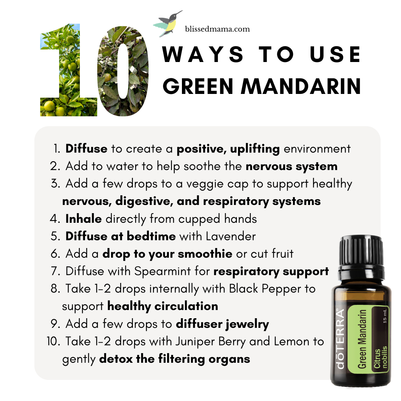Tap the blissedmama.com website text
[217, 29]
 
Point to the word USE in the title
[335, 54]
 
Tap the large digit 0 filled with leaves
[123, 71]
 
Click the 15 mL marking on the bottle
[385, 317]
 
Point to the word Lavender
[231, 236]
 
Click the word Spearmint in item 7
[163, 271]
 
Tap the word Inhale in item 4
[84, 219]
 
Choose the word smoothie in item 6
[205, 254]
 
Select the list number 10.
[53, 342]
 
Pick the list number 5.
[55, 236]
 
